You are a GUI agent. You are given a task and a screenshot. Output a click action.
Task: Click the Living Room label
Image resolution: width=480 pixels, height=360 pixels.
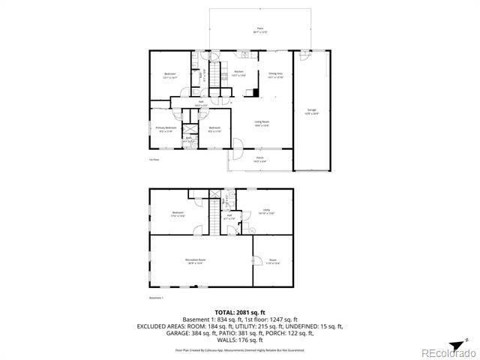(261, 123)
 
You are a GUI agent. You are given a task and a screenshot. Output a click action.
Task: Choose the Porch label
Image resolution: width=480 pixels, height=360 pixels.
(259, 160)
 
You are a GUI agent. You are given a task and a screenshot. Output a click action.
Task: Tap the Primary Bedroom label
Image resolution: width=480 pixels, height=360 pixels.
(166, 129)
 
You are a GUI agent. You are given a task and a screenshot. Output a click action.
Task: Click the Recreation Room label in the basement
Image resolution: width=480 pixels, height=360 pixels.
(196, 262)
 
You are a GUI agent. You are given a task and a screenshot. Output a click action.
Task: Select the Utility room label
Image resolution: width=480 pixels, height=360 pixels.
(265, 212)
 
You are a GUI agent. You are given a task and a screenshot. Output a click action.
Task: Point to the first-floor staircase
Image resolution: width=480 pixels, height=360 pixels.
(217, 73)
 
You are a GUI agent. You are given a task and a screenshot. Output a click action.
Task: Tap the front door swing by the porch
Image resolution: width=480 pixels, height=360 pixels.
(236, 146)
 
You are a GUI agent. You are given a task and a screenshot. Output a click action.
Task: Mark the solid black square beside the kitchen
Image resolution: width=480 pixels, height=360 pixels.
(256, 92)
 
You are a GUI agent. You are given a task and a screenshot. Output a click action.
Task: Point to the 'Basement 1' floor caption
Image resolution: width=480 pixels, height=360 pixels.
(156, 298)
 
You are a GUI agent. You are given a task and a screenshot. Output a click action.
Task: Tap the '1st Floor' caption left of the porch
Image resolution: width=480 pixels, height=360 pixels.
(154, 160)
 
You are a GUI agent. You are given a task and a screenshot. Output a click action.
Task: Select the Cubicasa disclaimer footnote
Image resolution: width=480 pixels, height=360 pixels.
(239, 349)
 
